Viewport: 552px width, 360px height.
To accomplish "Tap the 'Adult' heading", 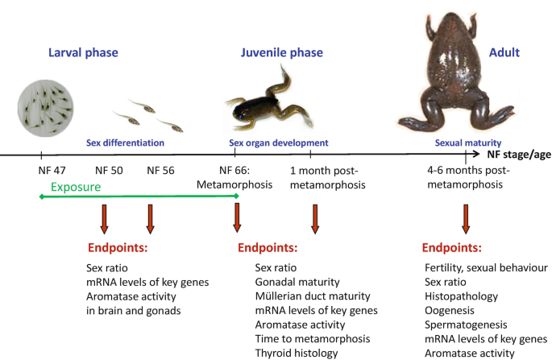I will pos(504,53).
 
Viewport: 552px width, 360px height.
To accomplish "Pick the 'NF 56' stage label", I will pos(161,171).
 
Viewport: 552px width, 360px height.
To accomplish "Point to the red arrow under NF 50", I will pos(105,219).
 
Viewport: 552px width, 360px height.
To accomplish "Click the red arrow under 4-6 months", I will pos(465,219).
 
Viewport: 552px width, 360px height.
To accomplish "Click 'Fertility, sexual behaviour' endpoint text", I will pos(486,267).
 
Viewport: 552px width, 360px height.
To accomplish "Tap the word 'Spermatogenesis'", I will pos(466,325).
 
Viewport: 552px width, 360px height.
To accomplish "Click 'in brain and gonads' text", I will pos(133,310).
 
